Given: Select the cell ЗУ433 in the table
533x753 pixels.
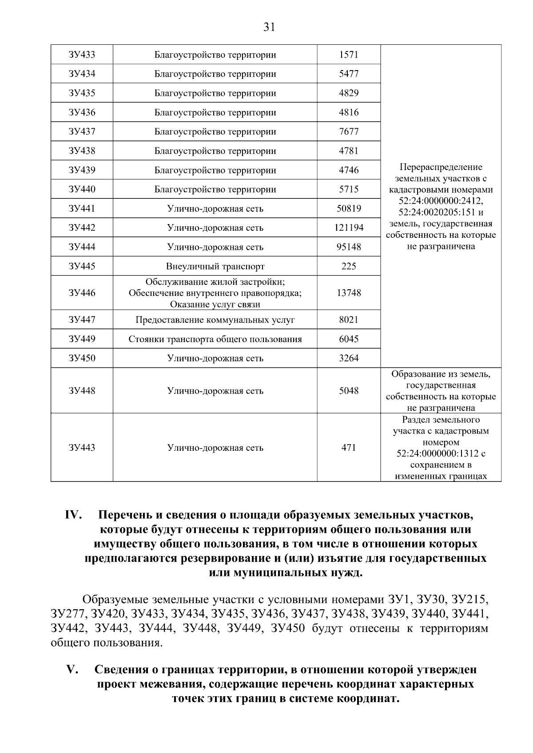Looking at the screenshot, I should click(82, 55).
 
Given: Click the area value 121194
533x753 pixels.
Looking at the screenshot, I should click(349, 228).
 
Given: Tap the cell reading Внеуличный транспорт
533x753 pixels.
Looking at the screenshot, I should click(215, 266).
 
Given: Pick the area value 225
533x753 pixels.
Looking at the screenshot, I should click(349, 266).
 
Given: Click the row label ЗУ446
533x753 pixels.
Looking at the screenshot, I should click(82, 293).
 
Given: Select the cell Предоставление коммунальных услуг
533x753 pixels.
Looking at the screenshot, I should click(215, 320).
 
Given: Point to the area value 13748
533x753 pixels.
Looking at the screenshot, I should click(349, 293).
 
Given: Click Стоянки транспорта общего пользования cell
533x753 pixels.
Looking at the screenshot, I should click(215, 339).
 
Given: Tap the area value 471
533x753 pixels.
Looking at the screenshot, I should click(349, 448).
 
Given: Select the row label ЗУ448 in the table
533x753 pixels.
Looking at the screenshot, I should click(82, 391).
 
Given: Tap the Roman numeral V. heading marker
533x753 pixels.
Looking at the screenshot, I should click(72, 670).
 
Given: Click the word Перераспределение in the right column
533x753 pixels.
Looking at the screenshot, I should click(441, 167).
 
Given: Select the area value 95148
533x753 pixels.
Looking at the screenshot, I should click(349, 247).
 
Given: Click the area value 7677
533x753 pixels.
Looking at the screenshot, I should click(349, 132).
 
